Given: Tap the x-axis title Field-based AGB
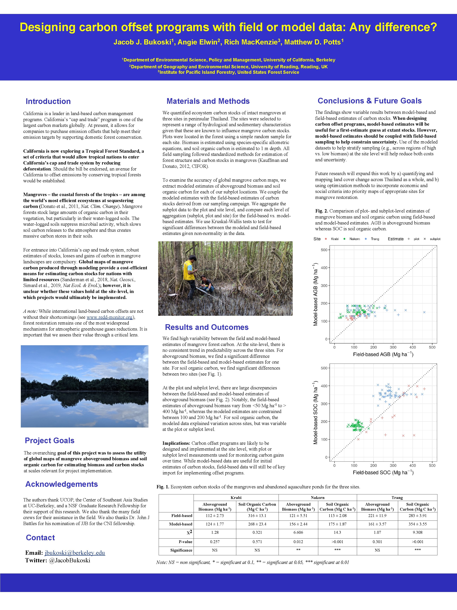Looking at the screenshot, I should (x=383, y=354).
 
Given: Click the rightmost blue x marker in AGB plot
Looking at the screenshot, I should (x=424, y=312).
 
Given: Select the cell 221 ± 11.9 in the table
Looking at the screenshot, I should (x=377, y=515).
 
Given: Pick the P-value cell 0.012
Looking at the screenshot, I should (x=298, y=542).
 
